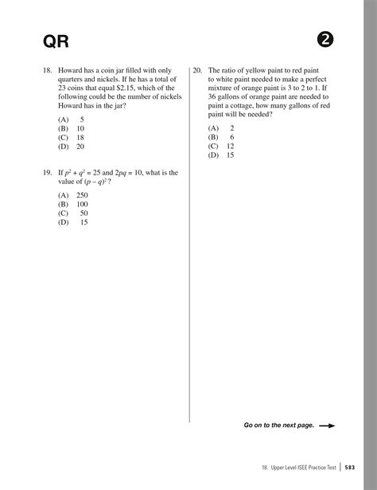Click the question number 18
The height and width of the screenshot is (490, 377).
tap(47, 70)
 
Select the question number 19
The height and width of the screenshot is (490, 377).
tap(47, 172)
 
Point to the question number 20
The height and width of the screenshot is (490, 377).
tap(197, 70)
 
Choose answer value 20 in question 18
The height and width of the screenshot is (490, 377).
tap(80, 147)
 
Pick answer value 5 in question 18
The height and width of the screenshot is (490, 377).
tap(82, 118)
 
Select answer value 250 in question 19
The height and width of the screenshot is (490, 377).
tap(82, 194)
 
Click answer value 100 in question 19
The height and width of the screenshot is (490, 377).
tap(82, 204)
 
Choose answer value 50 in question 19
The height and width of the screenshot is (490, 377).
tap(84, 214)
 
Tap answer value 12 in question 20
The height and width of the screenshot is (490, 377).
tap(230, 147)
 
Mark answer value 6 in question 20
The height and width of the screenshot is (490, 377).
tap(231, 137)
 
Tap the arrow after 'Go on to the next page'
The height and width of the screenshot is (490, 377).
tap(326, 425)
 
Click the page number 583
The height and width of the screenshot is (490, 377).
tap(351, 468)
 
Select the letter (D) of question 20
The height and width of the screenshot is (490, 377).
tap(213, 156)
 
